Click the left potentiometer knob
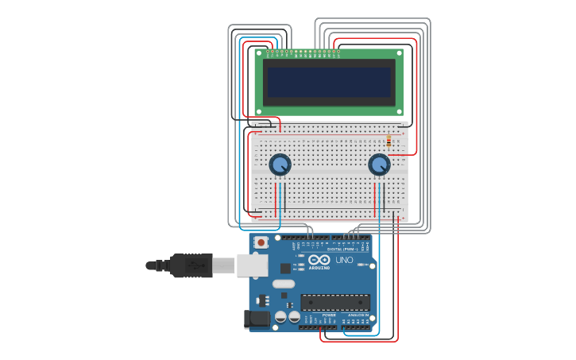click(280, 165)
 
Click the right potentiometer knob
click(379, 165)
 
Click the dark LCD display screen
click(329, 82)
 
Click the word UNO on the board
click(344, 260)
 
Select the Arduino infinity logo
click(319, 260)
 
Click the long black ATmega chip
click(334, 302)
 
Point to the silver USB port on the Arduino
click(253, 265)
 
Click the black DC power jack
click(257, 319)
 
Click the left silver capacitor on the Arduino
click(280, 317)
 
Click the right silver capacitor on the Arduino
click(294, 317)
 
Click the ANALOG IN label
click(358, 315)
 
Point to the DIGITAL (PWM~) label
click(342, 250)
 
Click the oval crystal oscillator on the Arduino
click(284, 284)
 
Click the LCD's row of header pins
click(303, 53)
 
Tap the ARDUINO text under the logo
click(319, 268)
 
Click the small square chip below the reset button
click(284, 269)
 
